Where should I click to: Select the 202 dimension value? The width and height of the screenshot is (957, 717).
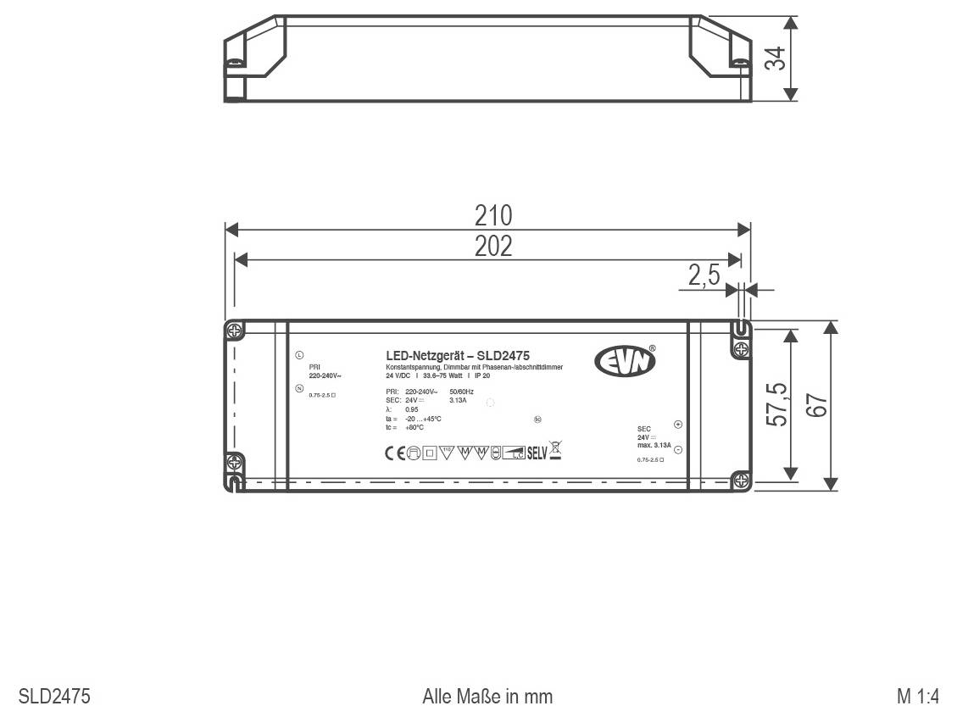(x=492, y=246)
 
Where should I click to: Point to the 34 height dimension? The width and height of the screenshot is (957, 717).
(x=774, y=58)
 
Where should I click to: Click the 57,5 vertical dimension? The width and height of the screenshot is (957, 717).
(x=776, y=404)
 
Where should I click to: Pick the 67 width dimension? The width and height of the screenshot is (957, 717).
(x=817, y=405)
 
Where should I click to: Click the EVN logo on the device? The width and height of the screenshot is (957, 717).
(x=625, y=362)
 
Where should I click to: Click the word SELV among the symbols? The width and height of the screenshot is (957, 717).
(x=537, y=453)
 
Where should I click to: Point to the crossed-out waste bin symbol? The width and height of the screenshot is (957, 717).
(x=556, y=450)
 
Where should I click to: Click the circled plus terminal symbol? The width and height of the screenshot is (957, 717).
(x=677, y=425)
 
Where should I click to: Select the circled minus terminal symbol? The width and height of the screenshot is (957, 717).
(x=677, y=449)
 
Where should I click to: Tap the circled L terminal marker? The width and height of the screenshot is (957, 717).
(x=299, y=355)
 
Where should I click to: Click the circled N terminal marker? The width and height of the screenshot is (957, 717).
(x=299, y=388)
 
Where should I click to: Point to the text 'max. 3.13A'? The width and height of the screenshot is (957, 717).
(x=654, y=445)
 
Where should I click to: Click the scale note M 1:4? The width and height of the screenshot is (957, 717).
(x=918, y=697)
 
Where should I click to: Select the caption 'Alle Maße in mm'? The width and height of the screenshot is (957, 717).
(x=487, y=697)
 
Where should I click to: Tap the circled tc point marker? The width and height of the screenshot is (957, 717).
(x=537, y=419)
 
